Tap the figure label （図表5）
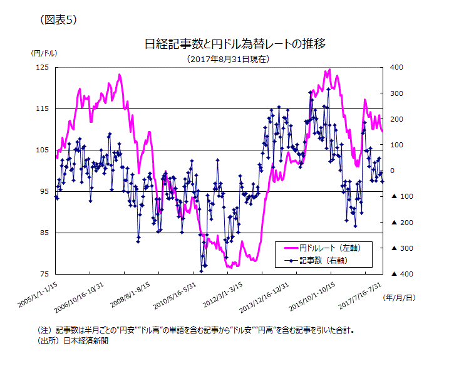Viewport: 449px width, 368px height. [x=58, y=19]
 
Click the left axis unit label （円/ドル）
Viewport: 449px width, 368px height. [x=44, y=53]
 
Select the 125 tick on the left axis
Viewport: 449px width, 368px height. [x=43, y=67]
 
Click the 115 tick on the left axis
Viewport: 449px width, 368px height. [x=43, y=109]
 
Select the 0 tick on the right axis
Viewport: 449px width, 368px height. [x=392, y=171]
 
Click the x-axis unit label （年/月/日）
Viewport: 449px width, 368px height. [x=398, y=298]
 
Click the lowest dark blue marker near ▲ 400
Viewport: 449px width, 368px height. [x=202, y=271]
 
